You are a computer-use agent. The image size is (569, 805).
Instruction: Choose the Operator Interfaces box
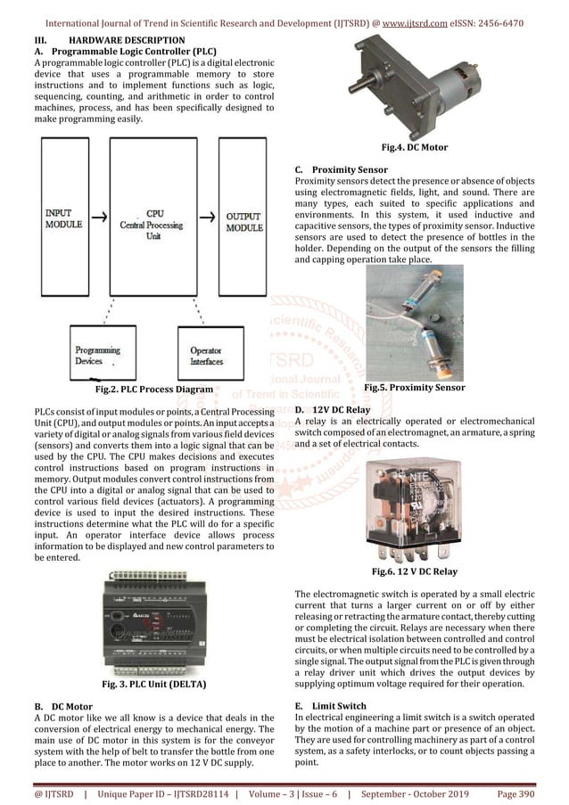pos(207,355)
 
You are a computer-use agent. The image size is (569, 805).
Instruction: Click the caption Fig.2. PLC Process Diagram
pos(153,390)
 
